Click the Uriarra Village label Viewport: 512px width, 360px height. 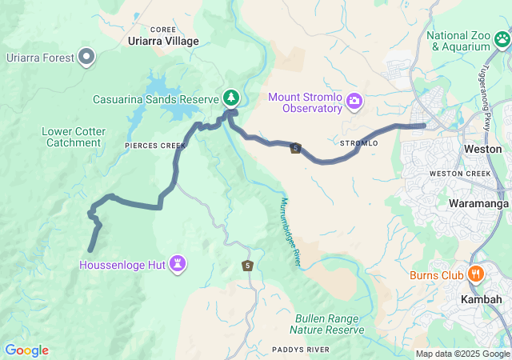[163, 42]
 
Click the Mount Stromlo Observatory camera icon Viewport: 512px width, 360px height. [354, 102]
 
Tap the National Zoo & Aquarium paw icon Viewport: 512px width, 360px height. [502, 38]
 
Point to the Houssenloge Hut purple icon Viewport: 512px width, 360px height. [178, 263]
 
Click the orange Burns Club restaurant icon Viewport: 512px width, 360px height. [474, 274]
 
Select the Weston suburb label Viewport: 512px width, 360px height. [482, 149]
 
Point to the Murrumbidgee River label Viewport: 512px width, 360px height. [290, 233]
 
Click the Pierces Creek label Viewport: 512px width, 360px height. [154, 146]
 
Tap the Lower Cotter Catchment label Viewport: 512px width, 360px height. [72, 137]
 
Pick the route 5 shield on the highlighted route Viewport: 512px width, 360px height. [296, 148]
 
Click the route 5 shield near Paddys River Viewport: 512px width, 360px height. [248, 266]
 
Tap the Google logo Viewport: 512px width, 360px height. [26, 350]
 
